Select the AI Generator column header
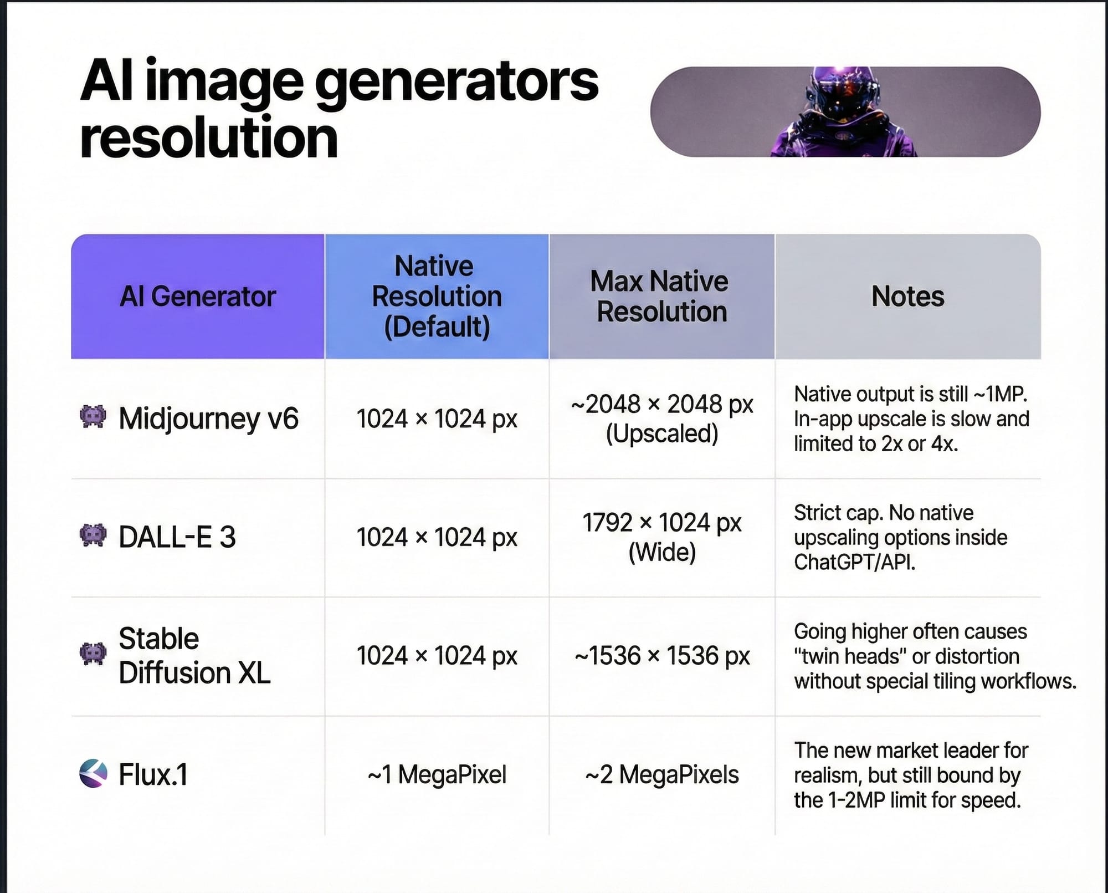click(x=198, y=297)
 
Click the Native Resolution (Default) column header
click(x=437, y=297)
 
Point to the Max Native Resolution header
click(x=661, y=297)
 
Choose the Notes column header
click(x=907, y=297)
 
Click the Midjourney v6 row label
click(x=208, y=419)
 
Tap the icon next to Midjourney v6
click(x=93, y=417)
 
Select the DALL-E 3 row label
click(x=177, y=537)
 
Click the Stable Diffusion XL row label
click(x=194, y=655)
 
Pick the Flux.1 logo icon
click(x=93, y=774)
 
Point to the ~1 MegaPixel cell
click(x=437, y=774)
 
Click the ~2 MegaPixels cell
click(x=661, y=774)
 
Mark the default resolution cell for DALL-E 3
click(x=437, y=537)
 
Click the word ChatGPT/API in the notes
click(x=854, y=562)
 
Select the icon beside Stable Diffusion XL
click(x=93, y=654)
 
